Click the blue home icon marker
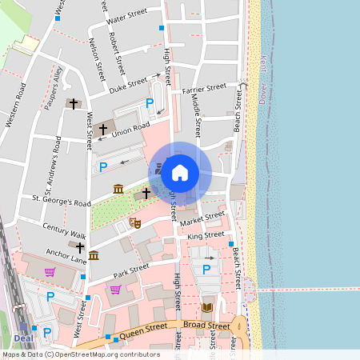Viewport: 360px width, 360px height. [180, 172]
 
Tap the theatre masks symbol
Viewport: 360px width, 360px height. [134, 222]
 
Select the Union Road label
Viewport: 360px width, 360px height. [131, 128]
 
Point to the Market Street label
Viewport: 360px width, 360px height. [202, 218]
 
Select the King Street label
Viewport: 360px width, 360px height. [206, 236]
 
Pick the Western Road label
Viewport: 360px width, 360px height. [16, 104]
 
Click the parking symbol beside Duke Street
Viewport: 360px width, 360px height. [150, 103]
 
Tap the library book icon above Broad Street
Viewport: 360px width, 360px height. [207, 307]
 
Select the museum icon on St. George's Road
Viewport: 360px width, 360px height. [118, 189]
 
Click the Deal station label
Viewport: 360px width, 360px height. [22, 326]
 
